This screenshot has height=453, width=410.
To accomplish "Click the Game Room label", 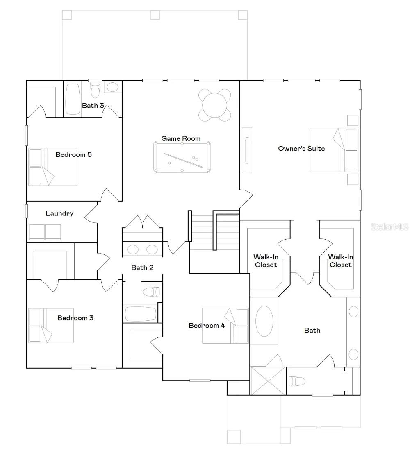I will coord(181,138).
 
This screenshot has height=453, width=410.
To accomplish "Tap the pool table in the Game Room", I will coord(182,157).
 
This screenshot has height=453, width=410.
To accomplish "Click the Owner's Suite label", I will coord(301,149).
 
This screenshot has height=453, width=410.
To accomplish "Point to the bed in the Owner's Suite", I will coord(333,149).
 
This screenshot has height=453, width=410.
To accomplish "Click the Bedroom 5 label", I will coord(73,154).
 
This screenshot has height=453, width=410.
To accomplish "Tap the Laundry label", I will coord(59,213).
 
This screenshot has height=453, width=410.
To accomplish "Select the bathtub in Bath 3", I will coord(73,99).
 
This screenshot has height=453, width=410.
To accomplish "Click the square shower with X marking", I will coord(268,381).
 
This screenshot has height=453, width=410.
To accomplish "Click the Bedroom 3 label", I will coord(75,318).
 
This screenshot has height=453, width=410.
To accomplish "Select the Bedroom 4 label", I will coord(207,326).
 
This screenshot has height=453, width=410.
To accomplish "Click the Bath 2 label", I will coord(142,267).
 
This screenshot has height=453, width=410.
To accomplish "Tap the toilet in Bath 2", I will coord(151,292).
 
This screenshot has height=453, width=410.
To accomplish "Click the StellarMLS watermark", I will coord(389,226).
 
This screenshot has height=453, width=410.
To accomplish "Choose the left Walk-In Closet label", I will coord(265,261).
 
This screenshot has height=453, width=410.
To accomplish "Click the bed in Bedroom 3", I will coord(51,326).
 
